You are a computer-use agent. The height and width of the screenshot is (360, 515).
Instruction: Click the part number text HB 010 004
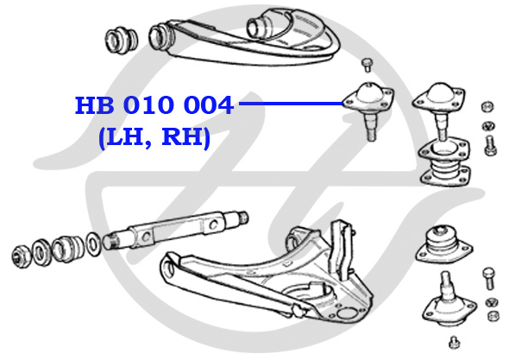154,105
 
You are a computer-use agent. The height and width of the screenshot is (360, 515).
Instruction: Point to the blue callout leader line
291,104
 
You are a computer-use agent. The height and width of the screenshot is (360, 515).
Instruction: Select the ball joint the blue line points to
368,109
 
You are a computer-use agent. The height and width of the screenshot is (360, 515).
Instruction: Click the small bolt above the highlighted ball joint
367,65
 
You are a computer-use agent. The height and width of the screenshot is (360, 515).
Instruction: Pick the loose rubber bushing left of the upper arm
122,40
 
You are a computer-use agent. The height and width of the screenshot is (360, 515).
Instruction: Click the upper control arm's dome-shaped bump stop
260,26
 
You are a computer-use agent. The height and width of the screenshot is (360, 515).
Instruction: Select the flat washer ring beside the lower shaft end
93,244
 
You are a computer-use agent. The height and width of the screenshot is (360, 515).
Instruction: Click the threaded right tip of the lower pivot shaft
243,218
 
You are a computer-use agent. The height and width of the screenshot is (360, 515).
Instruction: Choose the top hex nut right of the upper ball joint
487,106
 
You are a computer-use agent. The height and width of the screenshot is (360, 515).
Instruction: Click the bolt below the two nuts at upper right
490,146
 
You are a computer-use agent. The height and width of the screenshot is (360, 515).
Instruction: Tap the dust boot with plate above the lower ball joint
444,244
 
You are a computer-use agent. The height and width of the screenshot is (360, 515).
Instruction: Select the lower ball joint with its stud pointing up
449,301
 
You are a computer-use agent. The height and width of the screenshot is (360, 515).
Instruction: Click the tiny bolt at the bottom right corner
455,342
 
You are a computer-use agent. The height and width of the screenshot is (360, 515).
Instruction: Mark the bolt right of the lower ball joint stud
489,279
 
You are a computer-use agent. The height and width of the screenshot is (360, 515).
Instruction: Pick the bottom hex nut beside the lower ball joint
493,316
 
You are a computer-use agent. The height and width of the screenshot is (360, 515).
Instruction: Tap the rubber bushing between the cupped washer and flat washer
68,249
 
